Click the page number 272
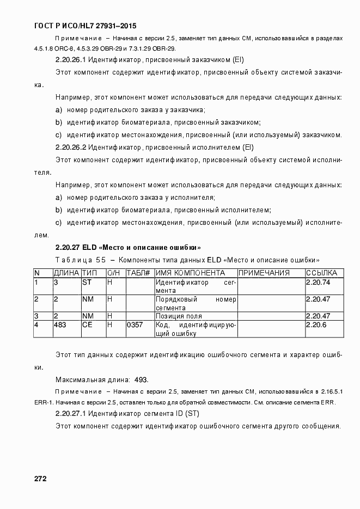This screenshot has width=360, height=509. [x=40, y=479]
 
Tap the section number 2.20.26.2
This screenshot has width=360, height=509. [x=71, y=147]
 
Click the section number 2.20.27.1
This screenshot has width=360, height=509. [x=71, y=414]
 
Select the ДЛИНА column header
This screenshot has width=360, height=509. [x=66, y=273]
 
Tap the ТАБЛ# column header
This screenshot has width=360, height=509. [x=138, y=273]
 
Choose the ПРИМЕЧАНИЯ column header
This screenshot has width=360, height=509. [x=264, y=273]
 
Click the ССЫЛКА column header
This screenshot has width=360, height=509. [x=321, y=273]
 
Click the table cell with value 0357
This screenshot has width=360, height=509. [x=135, y=324]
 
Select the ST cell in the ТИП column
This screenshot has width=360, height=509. [x=87, y=282]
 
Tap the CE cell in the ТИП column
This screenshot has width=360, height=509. [x=87, y=324]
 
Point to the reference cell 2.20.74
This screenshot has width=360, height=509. [x=318, y=282]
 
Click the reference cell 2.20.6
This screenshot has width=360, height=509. [x=316, y=324]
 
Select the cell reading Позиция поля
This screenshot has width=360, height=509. [x=179, y=316]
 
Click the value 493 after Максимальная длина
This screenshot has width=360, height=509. [x=141, y=379]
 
